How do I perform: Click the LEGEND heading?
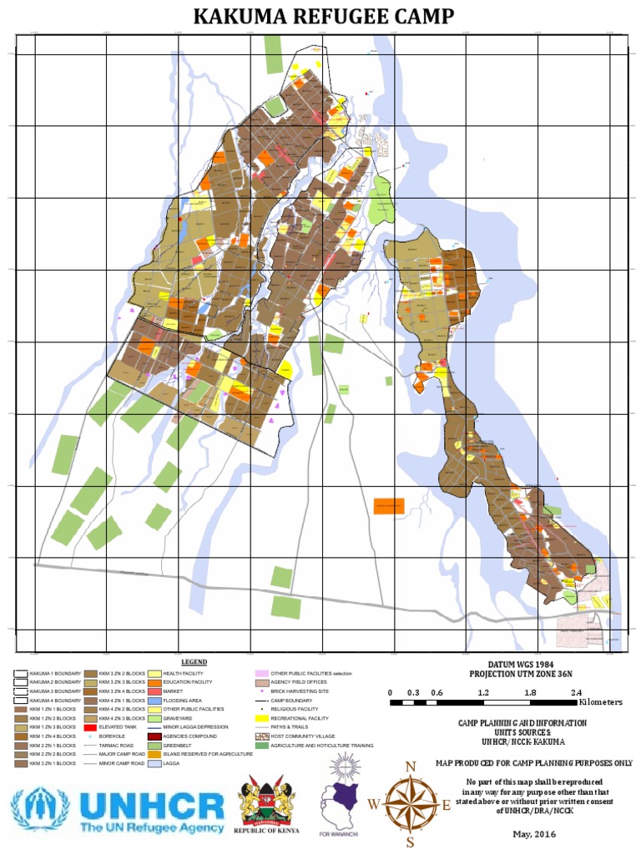point(194,661)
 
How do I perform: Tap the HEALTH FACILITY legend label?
point(184,673)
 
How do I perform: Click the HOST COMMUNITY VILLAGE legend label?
point(300,736)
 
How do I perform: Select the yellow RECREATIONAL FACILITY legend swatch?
point(261,718)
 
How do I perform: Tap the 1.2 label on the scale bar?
point(483,693)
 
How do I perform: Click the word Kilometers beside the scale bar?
point(600,702)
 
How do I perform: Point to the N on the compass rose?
point(410,766)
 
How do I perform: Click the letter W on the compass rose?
point(373,804)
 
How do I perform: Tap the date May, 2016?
point(532,834)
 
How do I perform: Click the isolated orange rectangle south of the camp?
point(389,506)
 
